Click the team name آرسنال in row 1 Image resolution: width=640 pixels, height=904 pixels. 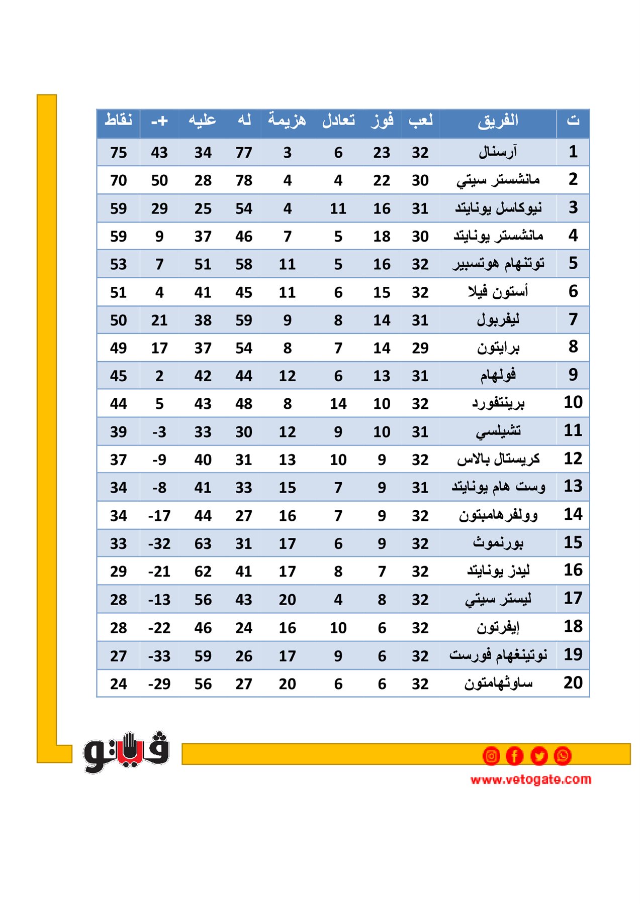point(498,152)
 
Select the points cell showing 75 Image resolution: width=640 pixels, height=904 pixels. point(118,152)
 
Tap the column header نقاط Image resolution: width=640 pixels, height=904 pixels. point(118,121)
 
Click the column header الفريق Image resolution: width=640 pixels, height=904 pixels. point(498,121)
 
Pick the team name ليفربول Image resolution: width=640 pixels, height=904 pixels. point(498,320)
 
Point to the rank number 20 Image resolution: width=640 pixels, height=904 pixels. point(573,683)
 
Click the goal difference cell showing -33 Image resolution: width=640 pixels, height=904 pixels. point(159,656)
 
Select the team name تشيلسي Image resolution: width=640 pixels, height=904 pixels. point(498,431)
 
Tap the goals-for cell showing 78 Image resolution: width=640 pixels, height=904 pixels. point(244,180)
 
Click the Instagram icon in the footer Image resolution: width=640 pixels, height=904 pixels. point(491,756)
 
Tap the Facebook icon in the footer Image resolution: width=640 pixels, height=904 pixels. point(514,756)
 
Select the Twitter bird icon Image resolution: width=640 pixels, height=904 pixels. point(538,756)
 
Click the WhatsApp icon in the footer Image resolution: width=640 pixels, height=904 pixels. point(563,756)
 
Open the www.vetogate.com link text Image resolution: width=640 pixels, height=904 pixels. point(530,779)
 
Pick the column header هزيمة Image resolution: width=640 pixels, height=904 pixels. point(287,121)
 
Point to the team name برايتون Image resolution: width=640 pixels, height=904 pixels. point(498,348)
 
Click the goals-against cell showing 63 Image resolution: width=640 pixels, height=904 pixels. point(203,543)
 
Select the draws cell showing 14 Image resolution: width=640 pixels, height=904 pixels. point(338,404)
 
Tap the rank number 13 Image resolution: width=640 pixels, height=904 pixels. point(573,486)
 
